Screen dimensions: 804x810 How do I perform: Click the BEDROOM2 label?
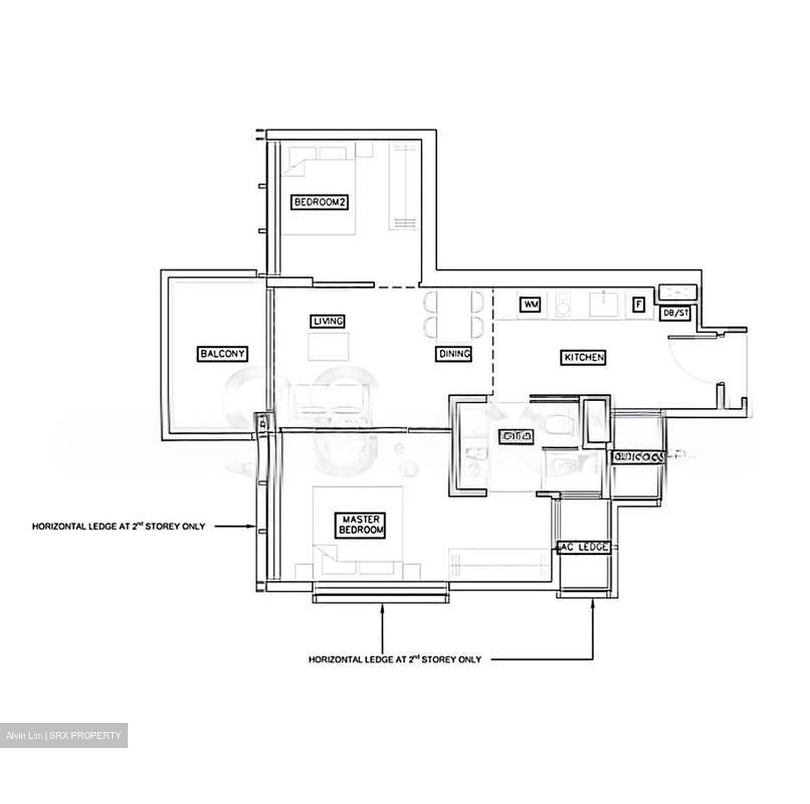pyautogui.click(x=319, y=203)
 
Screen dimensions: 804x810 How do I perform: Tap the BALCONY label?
pyautogui.click(x=223, y=353)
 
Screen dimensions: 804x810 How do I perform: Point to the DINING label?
pyautogui.click(x=453, y=353)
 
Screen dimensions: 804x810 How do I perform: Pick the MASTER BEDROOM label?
pyautogui.click(x=361, y=525)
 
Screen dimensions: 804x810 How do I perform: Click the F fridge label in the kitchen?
pyautogui.click(x=638, y=304)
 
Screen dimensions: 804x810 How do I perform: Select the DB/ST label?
pyautogui.click(x=675, y=313)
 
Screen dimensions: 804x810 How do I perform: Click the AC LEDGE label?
pyautogui.click(x=583, y=547)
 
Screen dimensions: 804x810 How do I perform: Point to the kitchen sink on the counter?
pyautogui.click(x=604, y=304)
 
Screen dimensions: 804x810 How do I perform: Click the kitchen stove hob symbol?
pyautogui.click(x=563, y=304)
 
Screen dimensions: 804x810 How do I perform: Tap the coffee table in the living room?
pyautogui.click(x=328, y=345)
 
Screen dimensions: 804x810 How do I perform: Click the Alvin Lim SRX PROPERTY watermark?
pyautogui.click(x=64, y=735)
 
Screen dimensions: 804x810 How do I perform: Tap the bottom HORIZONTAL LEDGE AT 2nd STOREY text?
pyautogui.click(x=395, y=659)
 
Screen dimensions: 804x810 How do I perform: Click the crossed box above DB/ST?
pyautogui.click(x=678, y=291)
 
